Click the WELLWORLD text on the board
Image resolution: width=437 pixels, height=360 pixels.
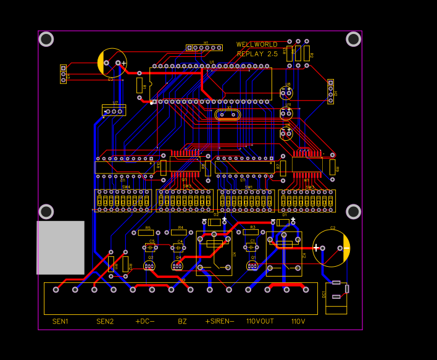(257, 44)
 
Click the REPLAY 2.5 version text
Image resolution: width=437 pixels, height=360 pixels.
(257, 54)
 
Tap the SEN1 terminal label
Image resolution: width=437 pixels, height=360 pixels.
(60, 321)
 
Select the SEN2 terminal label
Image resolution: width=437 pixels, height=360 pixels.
(105, 321)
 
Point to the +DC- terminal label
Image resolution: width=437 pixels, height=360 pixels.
(144, 321)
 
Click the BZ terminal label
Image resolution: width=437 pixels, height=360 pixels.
(182, 321)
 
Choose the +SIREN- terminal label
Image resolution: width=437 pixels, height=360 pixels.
(220, 321)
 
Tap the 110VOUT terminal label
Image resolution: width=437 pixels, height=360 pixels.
(260, 321)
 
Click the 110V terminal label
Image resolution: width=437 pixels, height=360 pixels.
(298, 321)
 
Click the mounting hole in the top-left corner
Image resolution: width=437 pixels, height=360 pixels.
(46, 40)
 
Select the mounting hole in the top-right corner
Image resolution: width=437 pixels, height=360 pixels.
(353, 40)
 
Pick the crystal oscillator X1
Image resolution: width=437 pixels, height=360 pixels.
(229, 114)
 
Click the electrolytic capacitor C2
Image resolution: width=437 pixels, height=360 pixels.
(331, 248)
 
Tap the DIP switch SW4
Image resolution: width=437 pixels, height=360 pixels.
(123, 201)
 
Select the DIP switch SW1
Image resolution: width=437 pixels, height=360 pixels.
(246, 201)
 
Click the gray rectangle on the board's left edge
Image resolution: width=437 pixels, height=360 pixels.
(60, 248)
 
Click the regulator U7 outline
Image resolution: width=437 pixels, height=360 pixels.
(114, 111)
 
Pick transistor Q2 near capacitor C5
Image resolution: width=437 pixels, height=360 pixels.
(149, 266)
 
